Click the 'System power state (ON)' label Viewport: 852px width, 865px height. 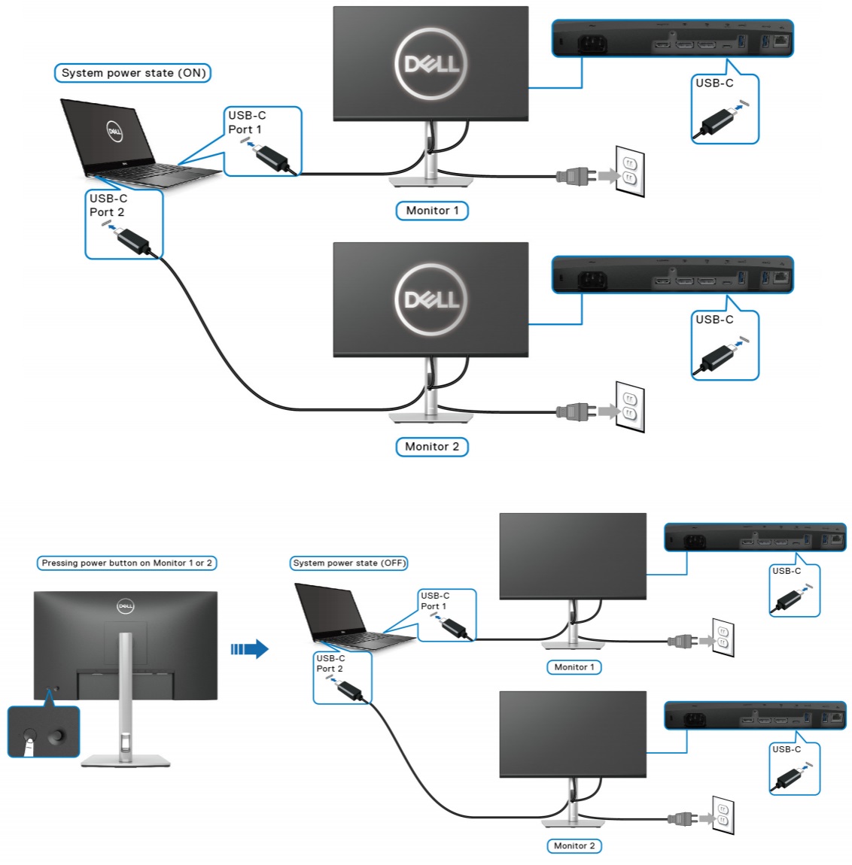coord(133,73)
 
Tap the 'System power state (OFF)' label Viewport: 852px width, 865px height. coord(349,563)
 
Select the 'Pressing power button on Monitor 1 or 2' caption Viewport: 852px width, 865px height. coord(126,563)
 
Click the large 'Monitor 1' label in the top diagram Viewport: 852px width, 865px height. coord(432,211)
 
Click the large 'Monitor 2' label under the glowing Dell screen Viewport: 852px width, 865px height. coord(432,447)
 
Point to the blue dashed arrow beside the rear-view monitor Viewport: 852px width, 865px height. coord(249,648)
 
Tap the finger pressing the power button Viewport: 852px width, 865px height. coord(29,745)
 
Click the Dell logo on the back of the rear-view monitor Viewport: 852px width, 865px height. coord(125,606)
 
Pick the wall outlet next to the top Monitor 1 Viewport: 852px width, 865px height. coord(630,171)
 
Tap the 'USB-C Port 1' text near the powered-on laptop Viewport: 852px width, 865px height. coord(247,123)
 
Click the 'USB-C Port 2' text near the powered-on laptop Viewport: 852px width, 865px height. coord(108,205)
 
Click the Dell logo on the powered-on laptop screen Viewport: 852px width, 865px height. coord(114,131)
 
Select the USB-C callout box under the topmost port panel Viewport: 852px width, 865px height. coord(725,109)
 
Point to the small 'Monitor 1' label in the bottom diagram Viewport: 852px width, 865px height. coord(574,667)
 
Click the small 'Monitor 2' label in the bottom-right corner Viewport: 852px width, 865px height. coord(574,845)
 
